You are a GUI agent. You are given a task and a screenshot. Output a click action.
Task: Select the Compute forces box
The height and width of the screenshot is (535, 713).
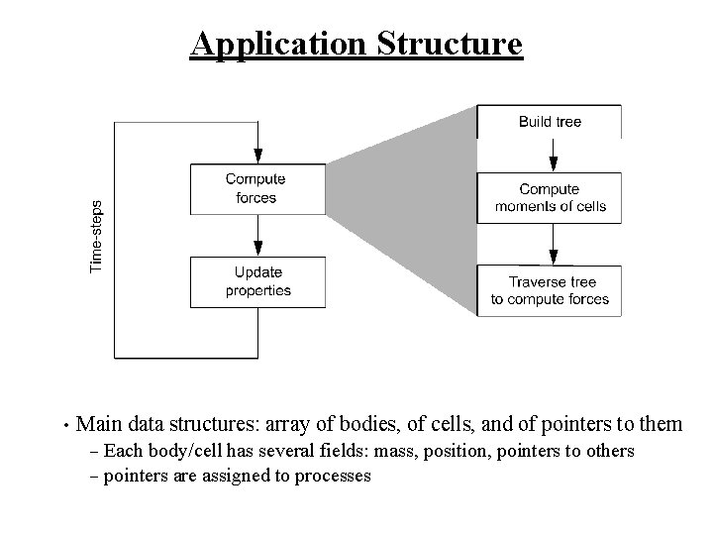[x=256, y=188]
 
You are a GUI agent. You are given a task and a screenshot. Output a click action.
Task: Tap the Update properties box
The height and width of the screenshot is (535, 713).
[x=256, y=281]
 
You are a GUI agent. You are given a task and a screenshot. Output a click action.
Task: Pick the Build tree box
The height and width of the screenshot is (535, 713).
[x=550, y=122]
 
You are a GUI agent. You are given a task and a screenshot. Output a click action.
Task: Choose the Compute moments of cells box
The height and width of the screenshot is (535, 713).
[x=550, y=197]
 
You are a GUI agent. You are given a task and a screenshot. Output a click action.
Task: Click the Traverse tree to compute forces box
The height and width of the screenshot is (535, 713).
[x=550, y=290]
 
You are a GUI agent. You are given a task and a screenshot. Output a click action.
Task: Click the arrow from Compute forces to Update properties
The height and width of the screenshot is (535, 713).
[x=257, y=234]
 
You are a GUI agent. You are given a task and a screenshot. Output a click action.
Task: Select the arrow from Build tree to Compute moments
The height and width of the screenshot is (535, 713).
[x=553, y=155]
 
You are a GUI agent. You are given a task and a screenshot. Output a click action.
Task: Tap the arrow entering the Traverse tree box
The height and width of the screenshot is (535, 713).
[x=553, y=248]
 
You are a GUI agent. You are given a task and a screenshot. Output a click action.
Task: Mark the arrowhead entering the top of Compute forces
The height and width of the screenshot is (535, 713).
[x=257, y=157]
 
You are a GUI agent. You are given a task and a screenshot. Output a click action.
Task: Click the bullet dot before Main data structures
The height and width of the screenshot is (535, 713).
[x=62, y=427]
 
